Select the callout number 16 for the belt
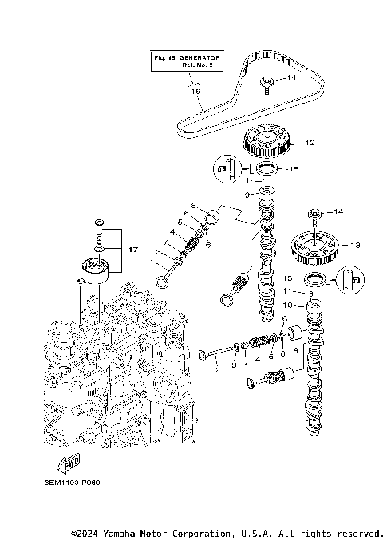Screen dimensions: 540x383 [195, 91]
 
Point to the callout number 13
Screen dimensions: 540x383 [355, 245]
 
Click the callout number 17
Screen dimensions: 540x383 [133, 250]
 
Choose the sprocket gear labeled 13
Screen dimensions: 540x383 [314, 246]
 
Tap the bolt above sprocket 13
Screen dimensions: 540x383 [314, 213]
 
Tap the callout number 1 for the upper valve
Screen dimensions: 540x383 [153, 262]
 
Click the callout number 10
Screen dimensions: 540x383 [289, 305]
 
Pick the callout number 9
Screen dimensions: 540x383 [247, 194]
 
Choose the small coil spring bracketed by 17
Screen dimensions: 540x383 [99, 237]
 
